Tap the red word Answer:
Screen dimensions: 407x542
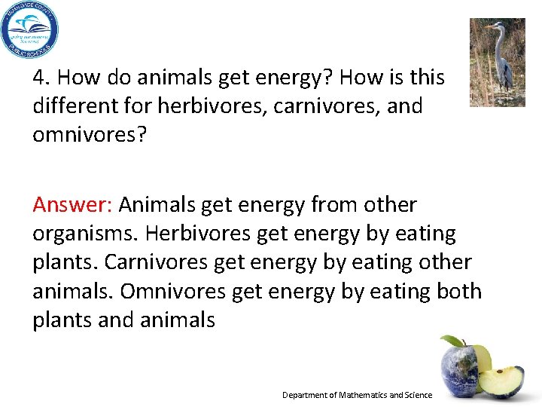point(72,205)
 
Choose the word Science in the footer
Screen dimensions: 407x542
point(419,395)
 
